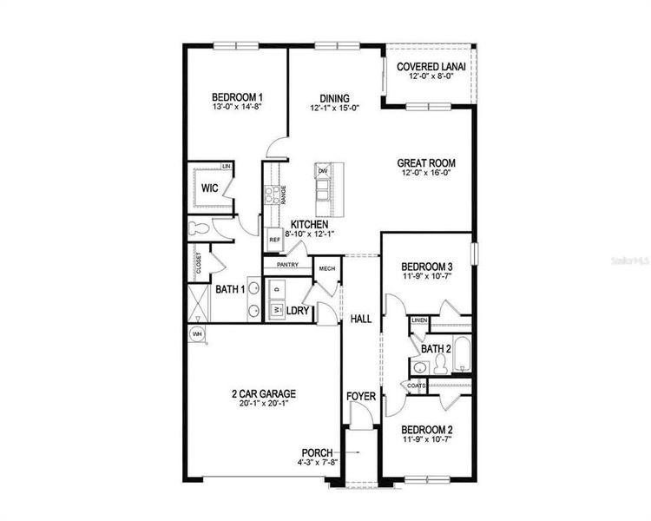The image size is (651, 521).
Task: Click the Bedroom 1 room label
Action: pyautogui.click(x=237, y=97)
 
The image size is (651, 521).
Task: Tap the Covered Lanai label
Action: pyautogui.click(x=431, y=67)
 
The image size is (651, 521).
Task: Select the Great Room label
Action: pyautogui.click(x=426, y=162)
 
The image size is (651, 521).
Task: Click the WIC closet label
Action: pyautogui.click(x=209, y=188)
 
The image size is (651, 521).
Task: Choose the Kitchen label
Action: pyautogui.click(x=308, y=225)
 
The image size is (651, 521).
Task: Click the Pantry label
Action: pyautogui.click(x=287, y=265)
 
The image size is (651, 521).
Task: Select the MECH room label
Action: pyautogui.click(x=326, y=269)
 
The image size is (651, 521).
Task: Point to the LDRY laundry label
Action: pyautogui.click(x=299, y=309)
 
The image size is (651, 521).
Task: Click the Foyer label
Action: pyautogui.click(x=361, y=396)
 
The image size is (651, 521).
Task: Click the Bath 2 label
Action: pyautogui.click(x=436, y=349)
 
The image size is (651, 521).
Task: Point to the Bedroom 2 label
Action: pyautogui.click(x=426, y=430)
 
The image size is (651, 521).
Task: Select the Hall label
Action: pyautogui.click(x=361, y=320)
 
